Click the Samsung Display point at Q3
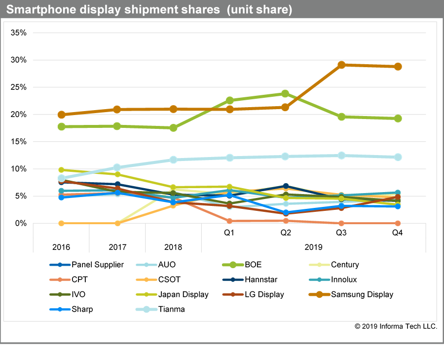pos(341,65)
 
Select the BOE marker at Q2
pos(285,93)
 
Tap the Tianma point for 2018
pos(173,160)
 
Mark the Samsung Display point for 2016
pos(61,115)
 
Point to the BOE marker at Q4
pos(398,119)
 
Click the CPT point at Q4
pos(398,223)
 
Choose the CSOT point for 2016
pos(61,223)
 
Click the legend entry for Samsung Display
pos(362,295)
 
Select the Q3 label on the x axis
pos(341,234)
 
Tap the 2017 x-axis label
pos(117,247)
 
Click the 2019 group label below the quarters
pos(313,247)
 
